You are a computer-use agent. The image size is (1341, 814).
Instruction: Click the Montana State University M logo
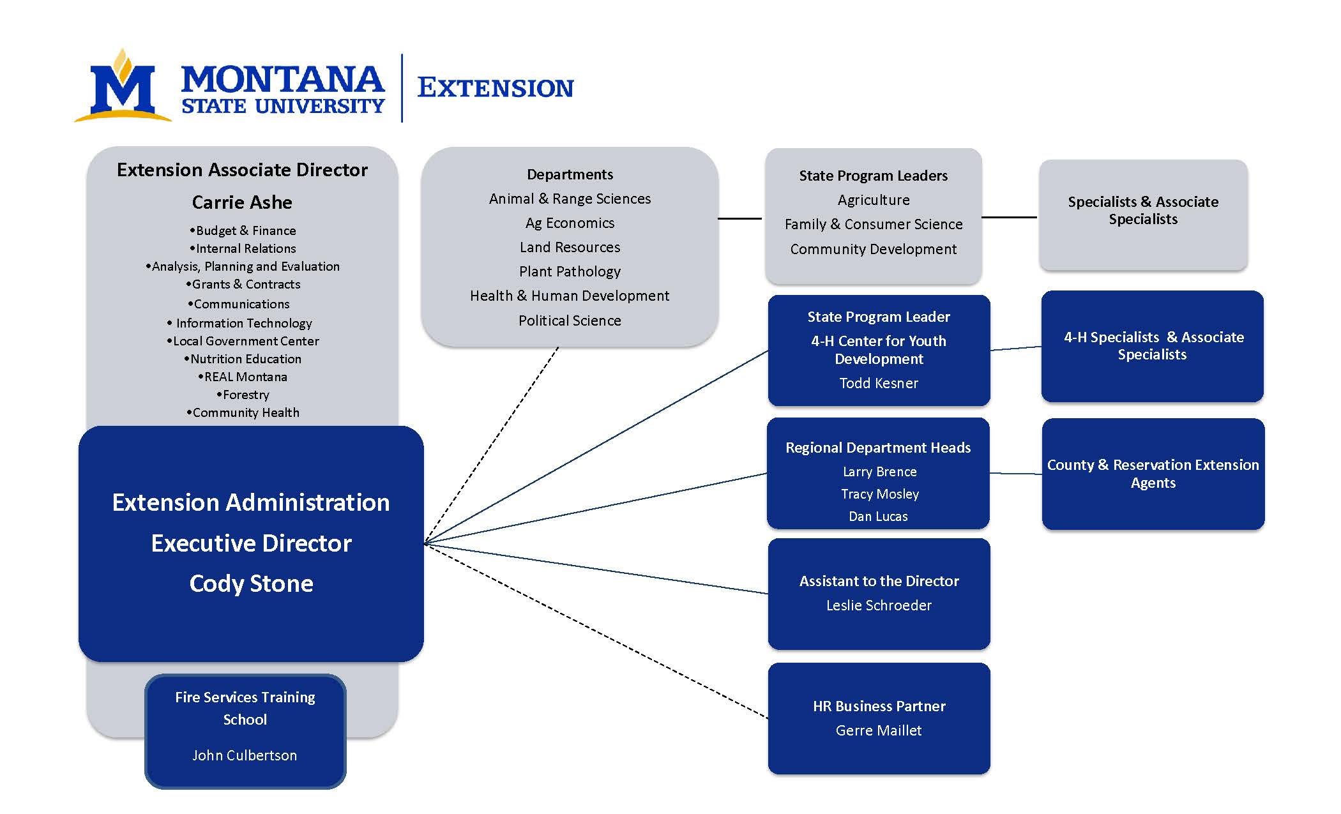(x=123, y=88)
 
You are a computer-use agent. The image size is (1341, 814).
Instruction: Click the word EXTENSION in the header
(x=495, y=88)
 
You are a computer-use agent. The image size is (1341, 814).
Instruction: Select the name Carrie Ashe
(x=242, y=202)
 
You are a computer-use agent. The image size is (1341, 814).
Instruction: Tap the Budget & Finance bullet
(x=243, y=230)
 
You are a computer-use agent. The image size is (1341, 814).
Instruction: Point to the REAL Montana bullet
(x=243, y=377)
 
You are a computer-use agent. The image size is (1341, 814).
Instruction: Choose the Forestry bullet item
(x=243, y=395)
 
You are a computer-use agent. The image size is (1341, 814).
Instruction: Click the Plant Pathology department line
(x=570, y=271)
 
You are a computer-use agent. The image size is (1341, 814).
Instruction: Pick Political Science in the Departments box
(x=570, y=320)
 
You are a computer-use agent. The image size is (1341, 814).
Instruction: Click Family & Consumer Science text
(x=873, y=224)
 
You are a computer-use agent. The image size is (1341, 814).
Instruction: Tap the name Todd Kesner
(x=879, y=383)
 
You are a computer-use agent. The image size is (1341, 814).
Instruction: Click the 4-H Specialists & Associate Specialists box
(x=1152, y=346)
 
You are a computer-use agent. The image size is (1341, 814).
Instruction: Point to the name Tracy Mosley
(x=879, y=494)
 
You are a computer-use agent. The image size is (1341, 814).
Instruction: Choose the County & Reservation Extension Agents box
(x=1153, y=474)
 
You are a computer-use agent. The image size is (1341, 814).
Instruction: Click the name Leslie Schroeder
(x=879, y=605)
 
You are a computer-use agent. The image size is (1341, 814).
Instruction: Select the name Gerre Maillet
(x=879, y=730)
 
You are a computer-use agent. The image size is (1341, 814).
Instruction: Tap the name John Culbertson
(x=245, y=755)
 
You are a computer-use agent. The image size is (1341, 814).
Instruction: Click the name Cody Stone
(x=251, y=584)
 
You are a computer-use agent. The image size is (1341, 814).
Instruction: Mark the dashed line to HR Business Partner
(x=600, y=633)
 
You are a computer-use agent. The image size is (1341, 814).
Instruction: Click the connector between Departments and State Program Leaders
(x=741, y=218)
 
